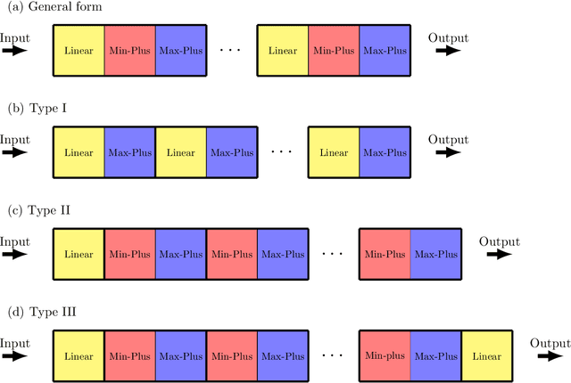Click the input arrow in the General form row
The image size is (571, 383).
[14, 51]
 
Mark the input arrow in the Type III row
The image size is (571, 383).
[14, 356]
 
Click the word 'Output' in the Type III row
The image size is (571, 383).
[550, 343]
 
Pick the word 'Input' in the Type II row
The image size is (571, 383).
[14, 240]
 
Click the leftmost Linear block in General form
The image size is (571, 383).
[79, 50]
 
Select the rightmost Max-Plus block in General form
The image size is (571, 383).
[384, 50]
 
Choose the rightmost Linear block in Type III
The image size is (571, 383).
[486, 356]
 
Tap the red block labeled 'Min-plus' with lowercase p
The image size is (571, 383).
[385, 356]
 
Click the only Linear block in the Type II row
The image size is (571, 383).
[79, 254]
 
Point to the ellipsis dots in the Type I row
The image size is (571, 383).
[281, 151]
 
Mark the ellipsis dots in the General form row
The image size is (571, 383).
[230, 50]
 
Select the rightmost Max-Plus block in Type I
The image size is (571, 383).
[384, 152]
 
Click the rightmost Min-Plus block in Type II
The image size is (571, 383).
[385, 254]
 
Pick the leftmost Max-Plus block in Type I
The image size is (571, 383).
[129, 152]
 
